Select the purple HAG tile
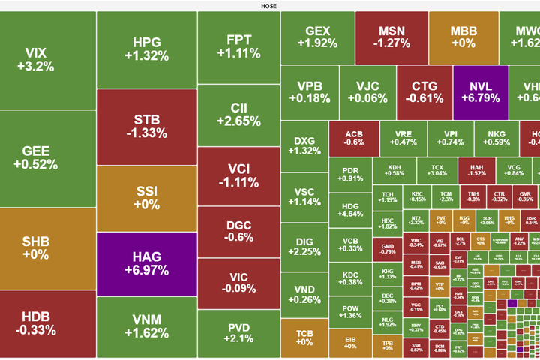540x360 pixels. (x=146, y=263)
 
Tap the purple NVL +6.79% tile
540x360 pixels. (x=480, y=91)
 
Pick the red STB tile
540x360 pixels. (x=146, y=127)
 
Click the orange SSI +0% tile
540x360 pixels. (x=146, y=197)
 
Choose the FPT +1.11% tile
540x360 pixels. (x=238, y=46)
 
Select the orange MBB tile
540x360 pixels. (x=463, y=37)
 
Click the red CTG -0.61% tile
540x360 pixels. (x=424, y=91)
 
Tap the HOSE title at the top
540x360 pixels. (x=269, y=6)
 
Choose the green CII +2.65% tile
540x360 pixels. (x=238, y=115)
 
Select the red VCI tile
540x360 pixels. (x=238, y=175)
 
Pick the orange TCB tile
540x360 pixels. (x=304, y=337)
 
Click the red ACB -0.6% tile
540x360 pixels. (x=354, y=138)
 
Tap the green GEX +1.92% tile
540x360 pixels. (x=317, y=37)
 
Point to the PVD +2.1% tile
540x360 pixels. (x=238, y=332)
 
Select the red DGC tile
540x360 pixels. (x=238, y=230)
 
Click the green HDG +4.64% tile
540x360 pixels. (x=349, y=209)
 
